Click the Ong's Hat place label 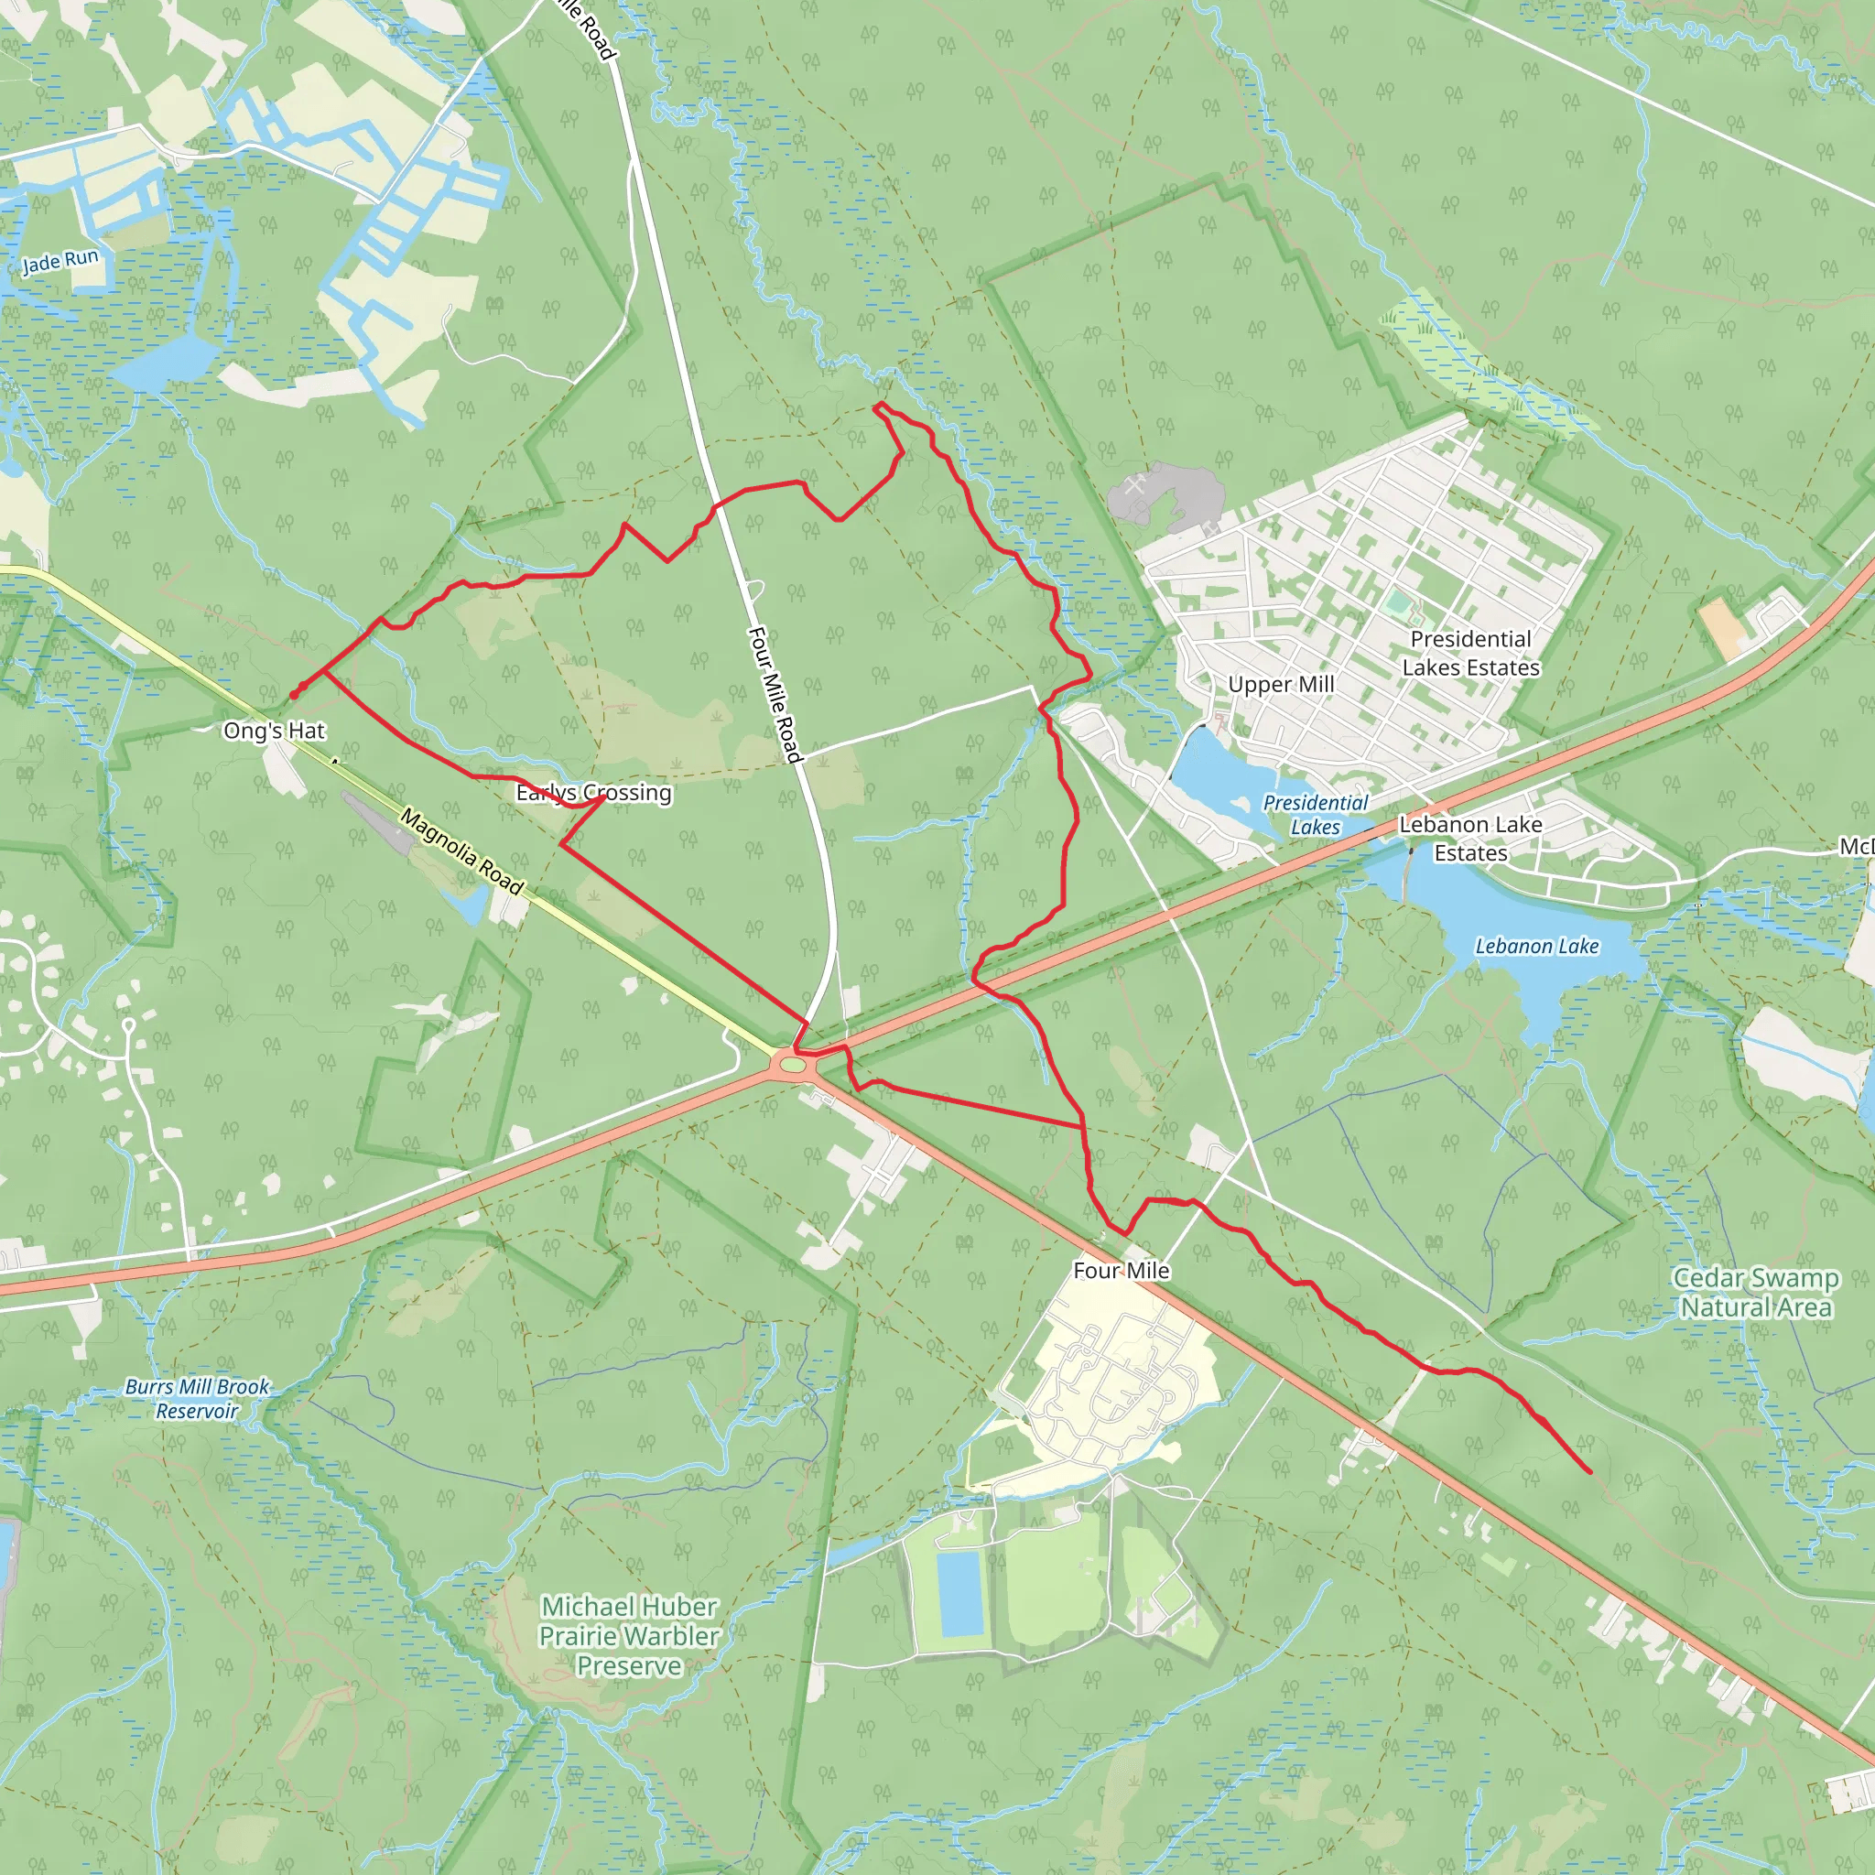click(x=274, y=731)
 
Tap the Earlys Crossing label click(x=593, y=793)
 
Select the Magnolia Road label click(x=462, y=851)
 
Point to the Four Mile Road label click(x=775, y=694)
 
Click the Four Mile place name click(x=1121, y=1271)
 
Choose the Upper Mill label click(x=1281, y=684)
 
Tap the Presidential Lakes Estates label click(x=1470, y=653)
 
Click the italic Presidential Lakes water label click(x=1315, y=815)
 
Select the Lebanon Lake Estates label click(x=1470, y=839)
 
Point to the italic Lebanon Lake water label click(x=1536, y=947)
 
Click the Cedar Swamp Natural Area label click(x=1756, y=1293)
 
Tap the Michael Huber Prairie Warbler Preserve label click(x=629, y=1636)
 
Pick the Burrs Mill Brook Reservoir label click(x=197, y=1399)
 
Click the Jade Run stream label click(x=60, y=261)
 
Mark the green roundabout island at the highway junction click(x=793, y=1066)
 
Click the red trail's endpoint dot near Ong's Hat click(x=293, y=695)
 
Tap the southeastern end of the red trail click(x=1589, y=1472)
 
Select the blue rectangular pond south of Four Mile click(x=960, y=1594)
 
